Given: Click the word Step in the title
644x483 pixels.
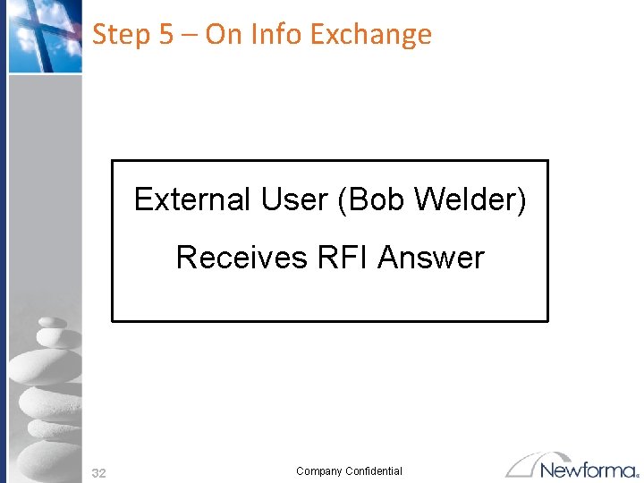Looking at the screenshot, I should [122, 35].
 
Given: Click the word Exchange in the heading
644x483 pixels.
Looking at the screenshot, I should [370, 34].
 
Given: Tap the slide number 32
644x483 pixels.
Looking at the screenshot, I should [99, 473].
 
